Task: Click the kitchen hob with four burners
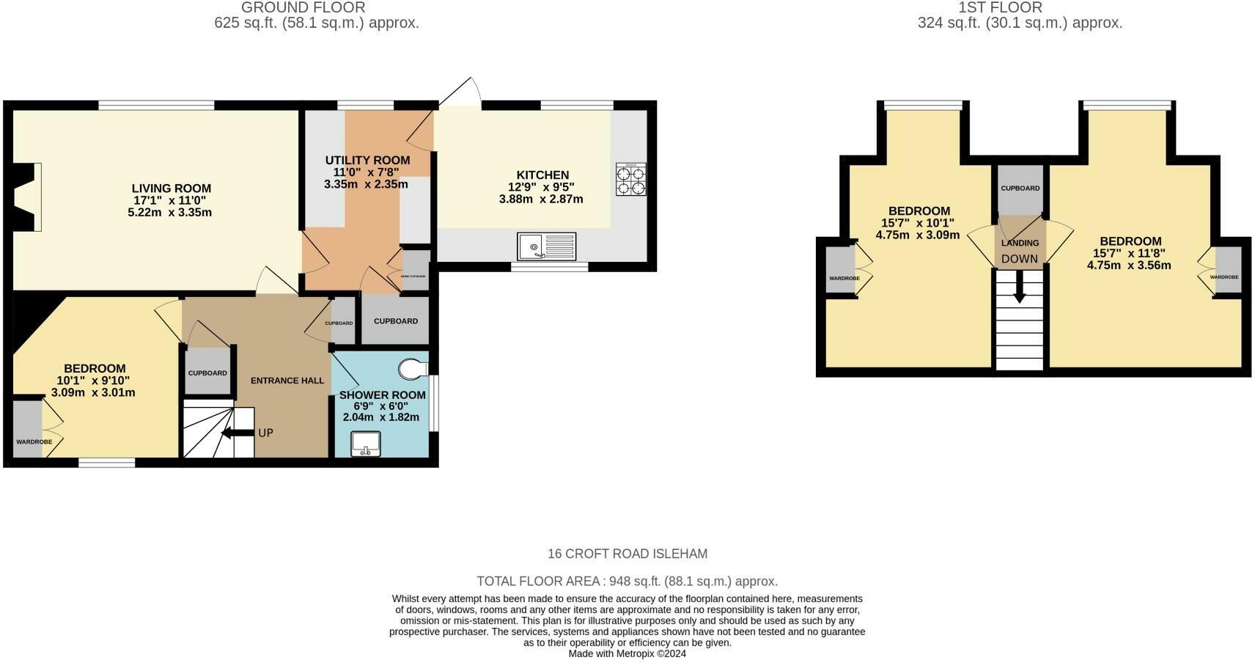pyautogui.click(x=631, y=179)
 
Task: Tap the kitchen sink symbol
pyautogui.click(x=547, y=246)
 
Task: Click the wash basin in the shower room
pyautogui.click(x=366, y=444)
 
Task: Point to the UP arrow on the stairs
pyautogui.click(x=237, y=433)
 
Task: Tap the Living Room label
pyautogui.click(x=172, y=188)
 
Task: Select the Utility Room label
pyautogui.click(x=367, y=161)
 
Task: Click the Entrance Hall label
pyautogui.click(x=287, y=381)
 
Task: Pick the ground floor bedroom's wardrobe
pyautogui.click(x=28, y=430)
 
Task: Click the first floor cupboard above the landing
pyautogui.click(x=1020, y=189)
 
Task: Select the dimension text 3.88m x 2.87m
pyautogui.click(x=541, y=199)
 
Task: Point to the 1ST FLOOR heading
pyautogui.click(x=1000, y=8)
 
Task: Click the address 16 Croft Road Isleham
pyautogui.click(x=627, y=554)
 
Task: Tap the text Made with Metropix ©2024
pyautogui.click(x=627, y=653)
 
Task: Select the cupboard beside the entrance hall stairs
pyautogui.click(x=208, y=373)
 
